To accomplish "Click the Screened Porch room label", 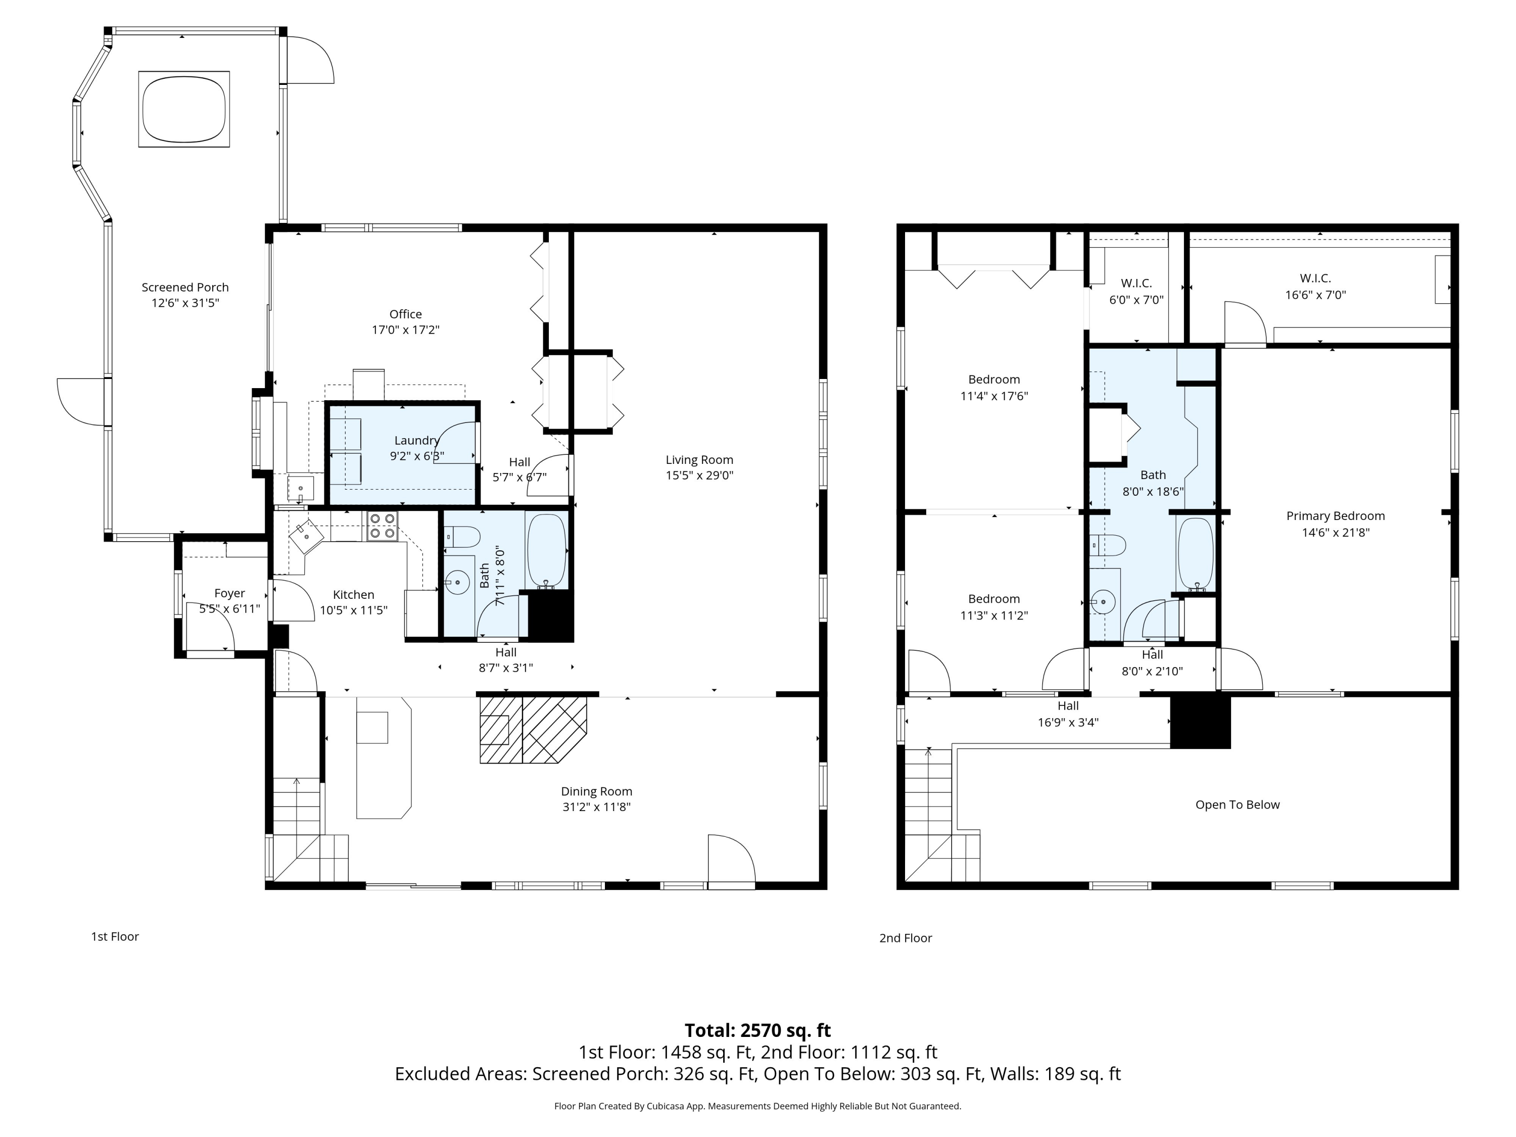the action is [185, 287].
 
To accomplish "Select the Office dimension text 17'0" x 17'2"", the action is [406, 329].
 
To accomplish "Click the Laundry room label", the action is [417, 441].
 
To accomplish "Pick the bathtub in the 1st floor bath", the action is [546, 551].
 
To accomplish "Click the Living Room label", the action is [699, 460].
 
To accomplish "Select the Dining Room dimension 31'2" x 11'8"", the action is [596, 807].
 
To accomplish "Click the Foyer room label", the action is [229, 594].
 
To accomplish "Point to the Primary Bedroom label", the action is [1335, 516].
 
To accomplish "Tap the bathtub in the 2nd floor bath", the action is [1195, 554].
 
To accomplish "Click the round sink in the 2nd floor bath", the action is [1104, 602].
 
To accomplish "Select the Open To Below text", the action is [1237, 804].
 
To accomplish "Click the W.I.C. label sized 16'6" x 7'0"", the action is [1315, 278].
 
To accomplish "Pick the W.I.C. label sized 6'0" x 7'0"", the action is [1136, 283].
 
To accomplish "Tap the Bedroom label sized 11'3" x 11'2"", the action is [994, 599].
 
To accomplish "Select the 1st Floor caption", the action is [115, 936].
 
